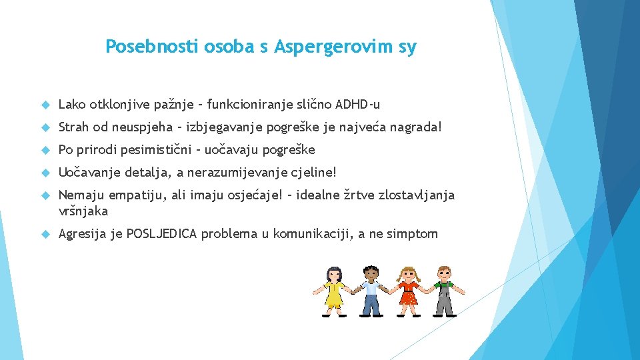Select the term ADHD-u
(x=358, y=104)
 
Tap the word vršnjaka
(x=83, y=211)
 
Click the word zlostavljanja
(x=416, y=195)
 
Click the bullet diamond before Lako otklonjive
(x=45, y=105)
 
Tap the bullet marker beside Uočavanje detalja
(x=45, y=173)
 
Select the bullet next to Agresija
(x=45, y=234)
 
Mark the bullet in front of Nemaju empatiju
(x=45, y=195)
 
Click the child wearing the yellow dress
(x=333, y=290)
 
